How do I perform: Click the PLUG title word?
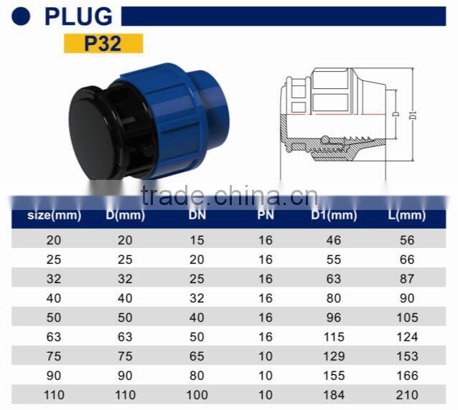78,16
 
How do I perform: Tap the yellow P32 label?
103,42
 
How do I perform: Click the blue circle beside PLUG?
22,16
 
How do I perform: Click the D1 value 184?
334,395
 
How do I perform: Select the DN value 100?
197,395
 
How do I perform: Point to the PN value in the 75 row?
265,356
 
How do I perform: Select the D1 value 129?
334,356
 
